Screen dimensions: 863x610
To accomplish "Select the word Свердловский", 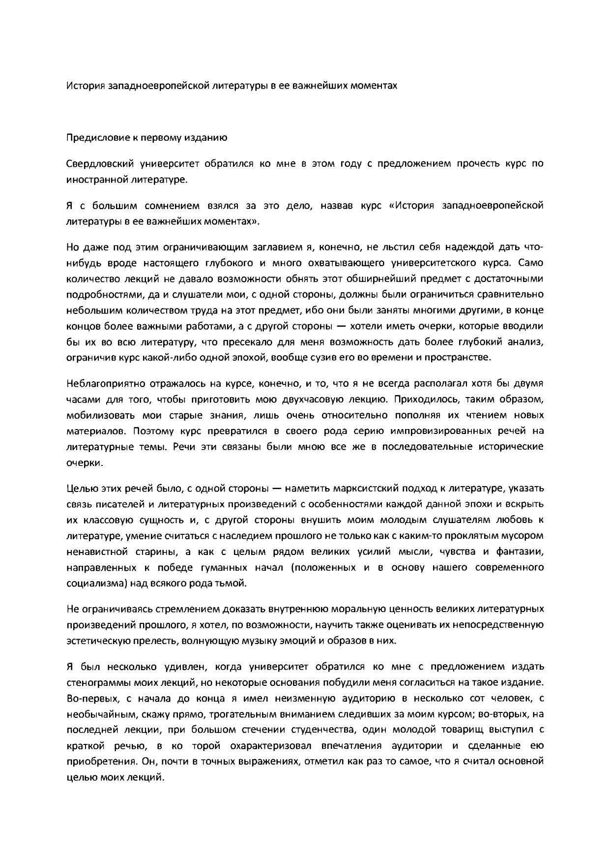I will click(x=99, y=164).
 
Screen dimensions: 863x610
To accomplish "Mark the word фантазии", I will click(x=520, y=552).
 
